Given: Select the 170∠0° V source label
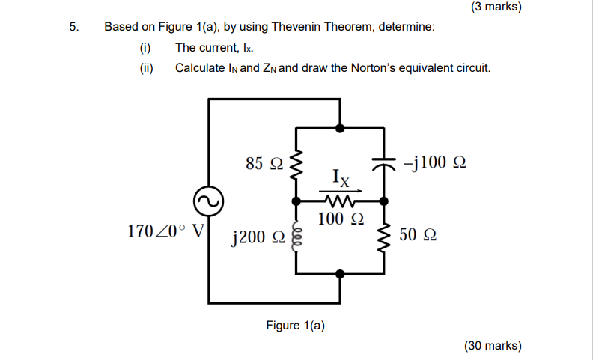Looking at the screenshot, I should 166,231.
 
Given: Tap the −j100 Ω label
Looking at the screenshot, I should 434,162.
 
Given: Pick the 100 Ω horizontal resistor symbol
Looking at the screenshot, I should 341,201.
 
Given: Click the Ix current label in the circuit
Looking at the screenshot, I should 340,178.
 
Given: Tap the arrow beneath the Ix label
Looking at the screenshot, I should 341,190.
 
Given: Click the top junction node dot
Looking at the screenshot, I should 341,128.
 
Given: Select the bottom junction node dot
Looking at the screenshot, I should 341,274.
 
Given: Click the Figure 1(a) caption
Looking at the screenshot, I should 296,326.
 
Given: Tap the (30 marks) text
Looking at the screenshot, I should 493,345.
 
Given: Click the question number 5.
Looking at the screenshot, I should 73,27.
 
